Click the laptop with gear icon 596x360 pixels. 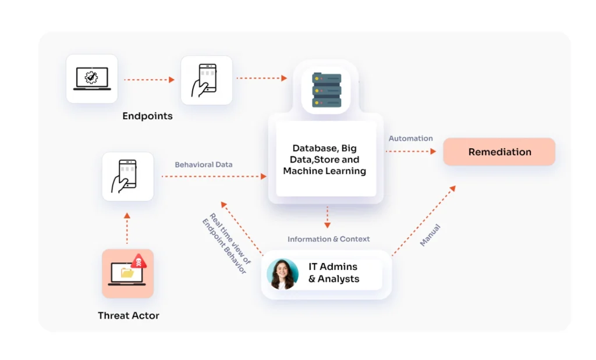92,79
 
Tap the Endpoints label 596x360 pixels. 147,116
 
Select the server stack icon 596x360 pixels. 327,90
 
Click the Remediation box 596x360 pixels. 499,152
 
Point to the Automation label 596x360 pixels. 410,138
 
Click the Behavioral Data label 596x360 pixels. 203,165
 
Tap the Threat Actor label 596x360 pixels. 129,315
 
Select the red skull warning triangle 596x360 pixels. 139,261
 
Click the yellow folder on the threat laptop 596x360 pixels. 127,272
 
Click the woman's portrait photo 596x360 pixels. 282,274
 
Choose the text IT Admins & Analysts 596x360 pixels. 334,273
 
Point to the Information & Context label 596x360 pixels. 328,239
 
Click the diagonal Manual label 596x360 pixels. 430,235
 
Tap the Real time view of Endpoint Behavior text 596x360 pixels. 226,243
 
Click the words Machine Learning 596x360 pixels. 324,171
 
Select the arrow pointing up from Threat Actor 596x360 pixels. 127,228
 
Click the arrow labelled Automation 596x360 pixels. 411,151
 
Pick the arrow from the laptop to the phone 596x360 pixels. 150,79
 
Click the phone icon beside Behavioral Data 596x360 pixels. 125,176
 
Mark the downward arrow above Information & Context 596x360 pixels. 327,217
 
